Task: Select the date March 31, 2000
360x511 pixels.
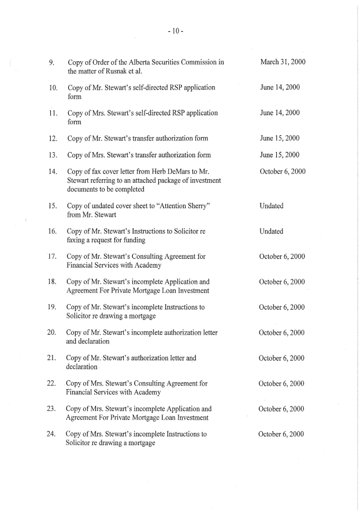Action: pos(283,62)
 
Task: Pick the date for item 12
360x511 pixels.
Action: pos(280,138)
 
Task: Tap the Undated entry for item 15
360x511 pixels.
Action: pos(272,206)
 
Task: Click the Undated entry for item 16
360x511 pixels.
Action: pos(272,231)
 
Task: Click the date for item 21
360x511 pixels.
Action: pos(282,358)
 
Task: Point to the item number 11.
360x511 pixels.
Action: pos(52,113)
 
